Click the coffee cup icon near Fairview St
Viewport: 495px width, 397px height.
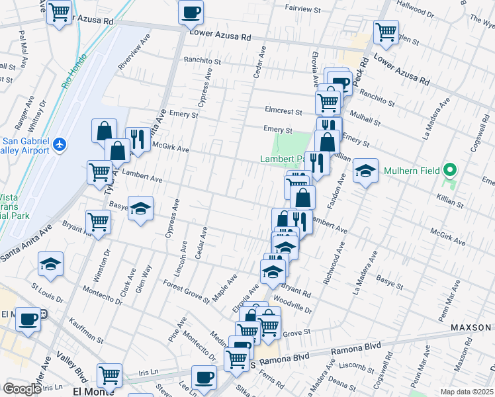[x=191, y=11]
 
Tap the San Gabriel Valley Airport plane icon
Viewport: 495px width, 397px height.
[x=60, y=144]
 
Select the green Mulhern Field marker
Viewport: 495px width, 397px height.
[x=450, y=170]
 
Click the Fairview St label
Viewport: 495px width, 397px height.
[x=302, y=11]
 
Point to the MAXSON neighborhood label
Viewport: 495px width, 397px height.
[x=471, y=328]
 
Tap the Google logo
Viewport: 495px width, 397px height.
[x=22, y=389]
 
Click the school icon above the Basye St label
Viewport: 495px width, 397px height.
[x=140, y=210]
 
